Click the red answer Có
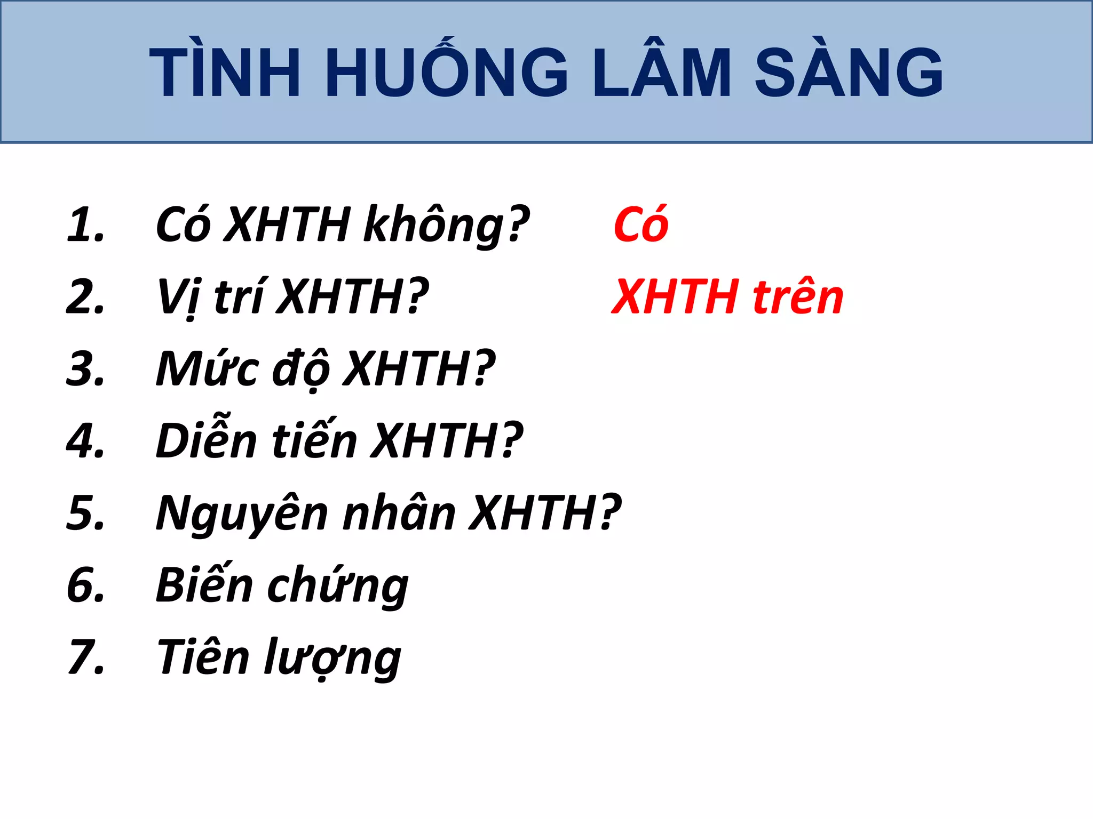coord(640,224)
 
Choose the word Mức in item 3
coord(208,369)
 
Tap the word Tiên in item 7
coord(203,657)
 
